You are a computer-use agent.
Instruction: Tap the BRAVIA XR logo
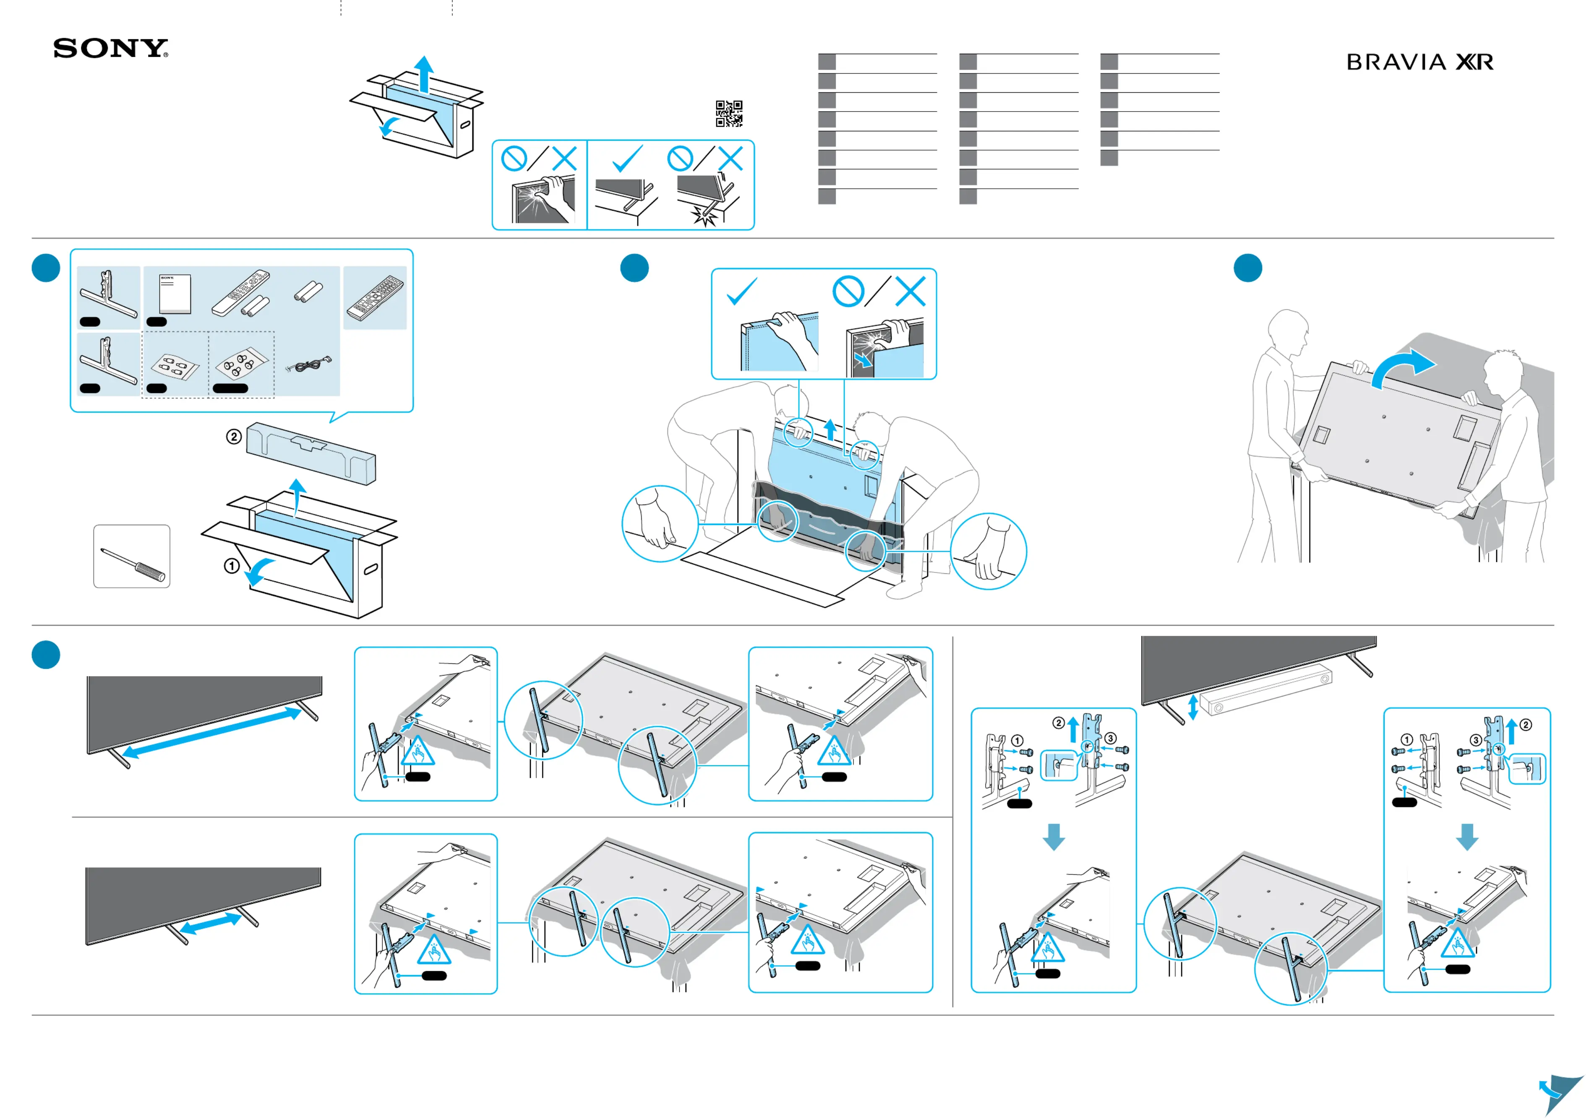click(1419, 62)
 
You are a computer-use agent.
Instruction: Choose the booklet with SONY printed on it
click(175, 294)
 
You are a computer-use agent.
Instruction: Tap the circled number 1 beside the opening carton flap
click(232, 565)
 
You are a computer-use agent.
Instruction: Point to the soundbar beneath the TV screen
click(1266, 693)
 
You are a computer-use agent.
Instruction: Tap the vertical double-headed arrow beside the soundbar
click(1192, 708)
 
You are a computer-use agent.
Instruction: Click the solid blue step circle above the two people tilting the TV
click(1247, 268)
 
